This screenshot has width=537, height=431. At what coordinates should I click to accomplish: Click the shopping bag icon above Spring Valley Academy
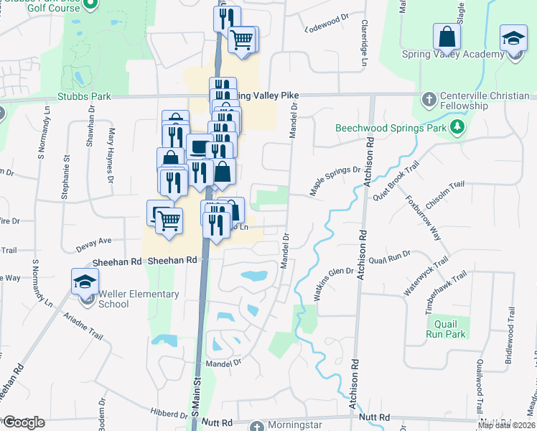[x=446, y=38]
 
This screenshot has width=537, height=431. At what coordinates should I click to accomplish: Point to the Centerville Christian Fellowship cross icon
[x=429, y=100]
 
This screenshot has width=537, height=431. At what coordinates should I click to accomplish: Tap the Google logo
[x=24, y=422]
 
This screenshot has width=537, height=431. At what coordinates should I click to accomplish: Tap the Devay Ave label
[x=94, y=244]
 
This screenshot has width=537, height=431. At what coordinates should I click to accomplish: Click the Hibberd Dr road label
[x=169, y=414]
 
